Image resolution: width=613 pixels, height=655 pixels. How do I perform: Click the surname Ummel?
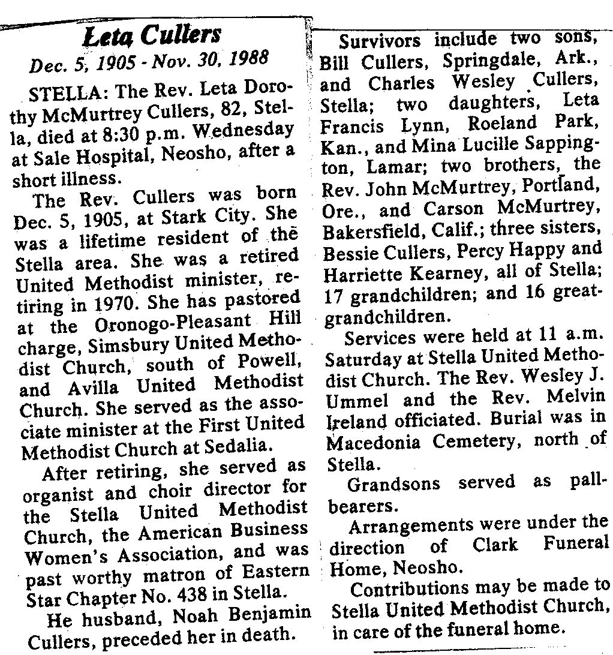(x=350, y=399)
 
